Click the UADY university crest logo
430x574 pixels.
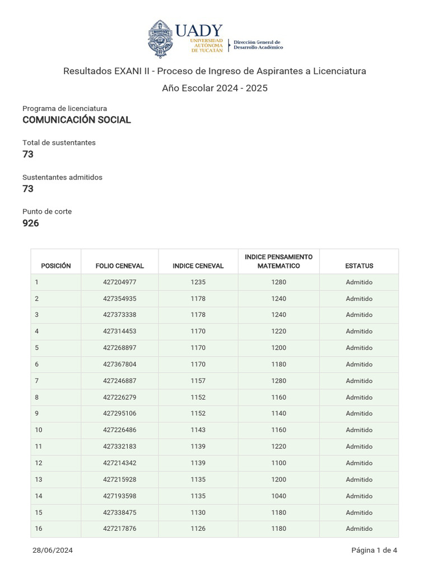[161, 39]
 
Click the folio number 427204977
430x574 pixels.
[120, 283]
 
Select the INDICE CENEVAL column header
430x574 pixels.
[198, 266]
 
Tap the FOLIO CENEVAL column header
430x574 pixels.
[120, 266]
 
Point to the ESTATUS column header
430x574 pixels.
[359, 266]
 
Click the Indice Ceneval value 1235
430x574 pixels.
[198, 283]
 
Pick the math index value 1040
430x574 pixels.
[279, 496]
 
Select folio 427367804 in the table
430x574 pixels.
[120, 364]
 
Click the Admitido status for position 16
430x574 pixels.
[359, 529]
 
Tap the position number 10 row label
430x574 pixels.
[39, 430]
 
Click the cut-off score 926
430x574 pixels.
[31, 223]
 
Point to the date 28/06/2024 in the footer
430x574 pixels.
[53, 550]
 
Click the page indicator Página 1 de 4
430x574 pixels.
[374, 550]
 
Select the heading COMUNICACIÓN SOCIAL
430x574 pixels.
[77, 120]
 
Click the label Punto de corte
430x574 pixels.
[47, 211]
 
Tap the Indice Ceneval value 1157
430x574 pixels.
[198, 381]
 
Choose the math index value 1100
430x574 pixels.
[279, 463]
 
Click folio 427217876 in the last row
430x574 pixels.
[120, 529]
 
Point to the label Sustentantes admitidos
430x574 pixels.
[62, 177]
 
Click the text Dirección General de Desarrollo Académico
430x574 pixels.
[258, 45]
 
